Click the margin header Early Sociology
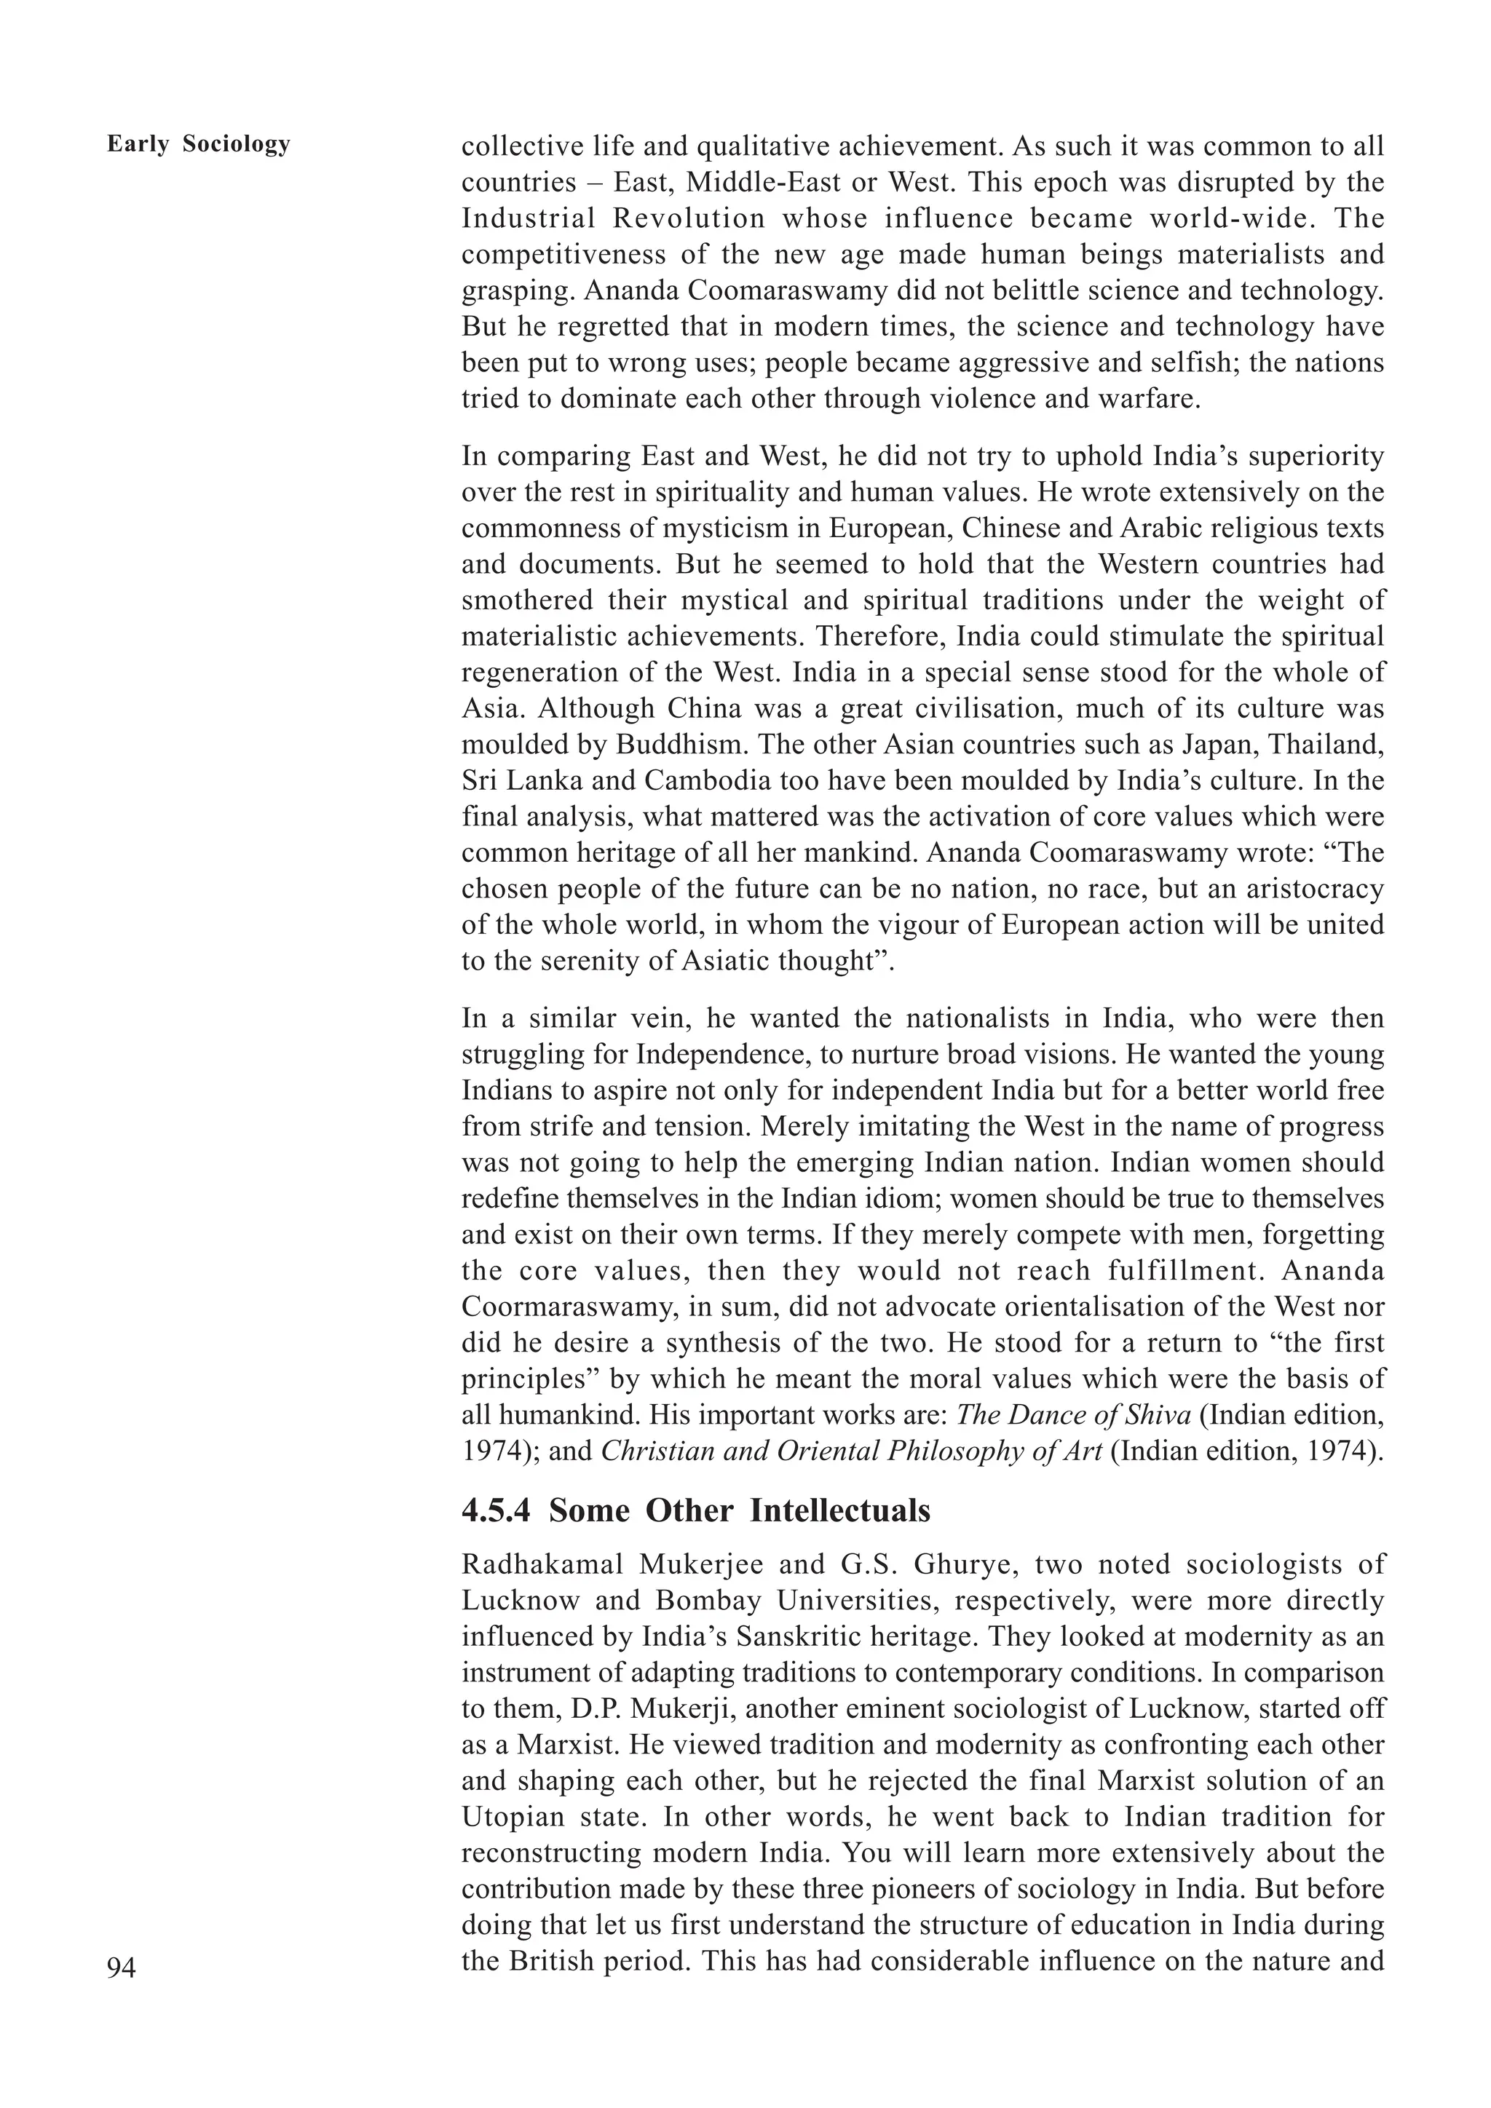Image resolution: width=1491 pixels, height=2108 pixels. point(198,144)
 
